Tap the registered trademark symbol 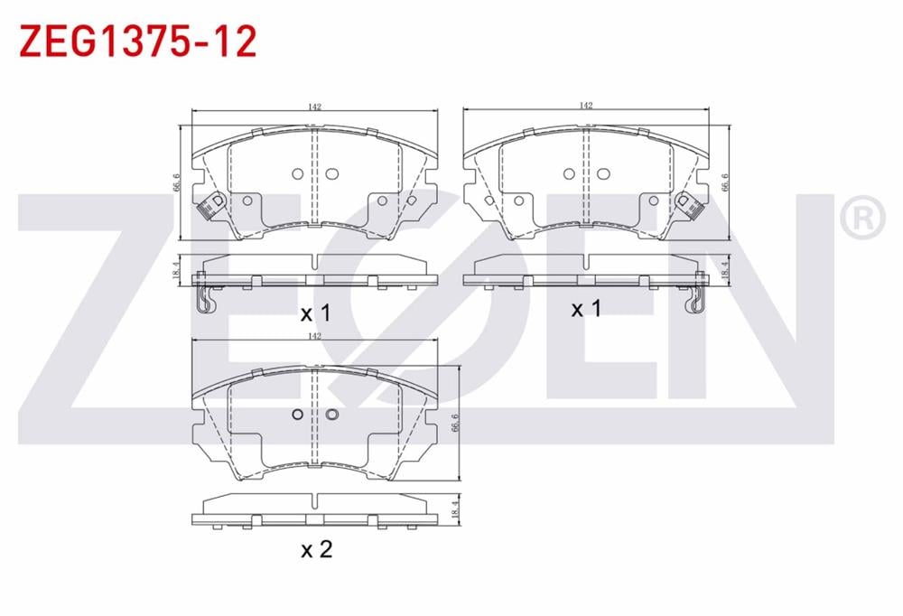(861, 218)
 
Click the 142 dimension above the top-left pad (314, 107)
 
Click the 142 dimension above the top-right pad (586, 106)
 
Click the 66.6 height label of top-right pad (724, 183)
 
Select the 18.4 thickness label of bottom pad (455, 509)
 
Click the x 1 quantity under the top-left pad (316, 313)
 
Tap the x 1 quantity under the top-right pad (586, 309)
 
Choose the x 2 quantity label (316, 548)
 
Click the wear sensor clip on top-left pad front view (210, 207)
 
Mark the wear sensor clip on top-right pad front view (692, 207)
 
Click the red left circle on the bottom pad (297, 415)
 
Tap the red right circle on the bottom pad (330, 415)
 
